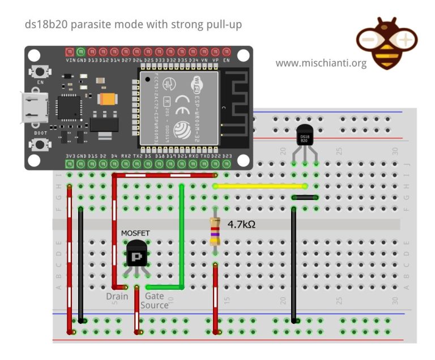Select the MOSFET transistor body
click(x=137, y=254)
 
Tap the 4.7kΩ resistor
click(x=215, y=230)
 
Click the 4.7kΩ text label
click(x=241, y=224)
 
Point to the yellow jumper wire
click(x=260, y=186)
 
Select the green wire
click(x=182, y=238)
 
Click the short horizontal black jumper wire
click(x=305, y=198)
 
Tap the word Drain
click(x=117, y=296)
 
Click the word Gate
click(x=155, y=296)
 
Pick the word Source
click(x=154, y=305)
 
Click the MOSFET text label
click(x=136, y=233)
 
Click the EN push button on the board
click(x=40, y=72)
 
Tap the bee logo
click(x=386, y=42)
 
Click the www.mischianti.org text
click(x=321, y=63)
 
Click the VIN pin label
click(x=70, y=60)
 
